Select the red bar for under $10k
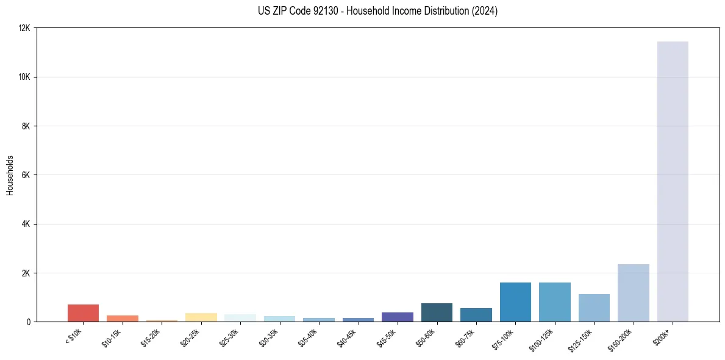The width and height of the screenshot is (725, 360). pos(83,313)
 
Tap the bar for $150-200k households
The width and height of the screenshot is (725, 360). pos(634,293)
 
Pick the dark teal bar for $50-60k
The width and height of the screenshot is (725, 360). pos(437,312)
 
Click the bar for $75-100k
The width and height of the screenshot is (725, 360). pos(515,302)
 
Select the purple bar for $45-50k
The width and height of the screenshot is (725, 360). pos(398,317)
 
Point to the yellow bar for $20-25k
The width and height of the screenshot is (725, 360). pos(201,317)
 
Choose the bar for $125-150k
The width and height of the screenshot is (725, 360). pos(594,308)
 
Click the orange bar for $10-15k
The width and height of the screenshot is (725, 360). pos(123,319)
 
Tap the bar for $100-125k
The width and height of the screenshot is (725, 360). pos(555,302)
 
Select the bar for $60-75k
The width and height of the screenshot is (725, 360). pos(476,315)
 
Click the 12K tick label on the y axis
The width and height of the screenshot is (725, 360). pos(24,28)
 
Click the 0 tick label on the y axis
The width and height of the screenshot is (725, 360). pos(29,322)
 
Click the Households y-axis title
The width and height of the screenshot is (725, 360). pos(10,175)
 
